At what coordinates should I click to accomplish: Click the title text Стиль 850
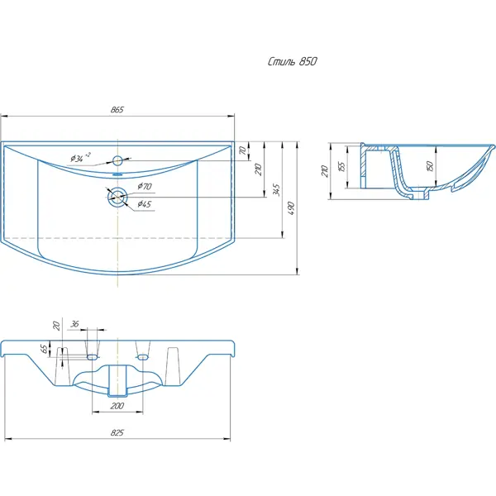[x=293, y=61]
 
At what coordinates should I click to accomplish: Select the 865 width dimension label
[x=117, y=110]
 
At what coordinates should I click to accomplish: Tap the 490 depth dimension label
[x=292, y=208]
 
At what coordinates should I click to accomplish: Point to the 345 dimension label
[x=276, y=190]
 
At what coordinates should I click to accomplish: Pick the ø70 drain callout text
[x=145, y=186]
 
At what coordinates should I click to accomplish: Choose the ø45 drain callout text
[x=144, y=204]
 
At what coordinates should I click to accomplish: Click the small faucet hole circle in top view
[x=117, y=160]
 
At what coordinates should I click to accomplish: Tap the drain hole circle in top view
[x=117, y=198]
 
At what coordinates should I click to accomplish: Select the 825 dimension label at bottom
[x=117, y=432]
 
